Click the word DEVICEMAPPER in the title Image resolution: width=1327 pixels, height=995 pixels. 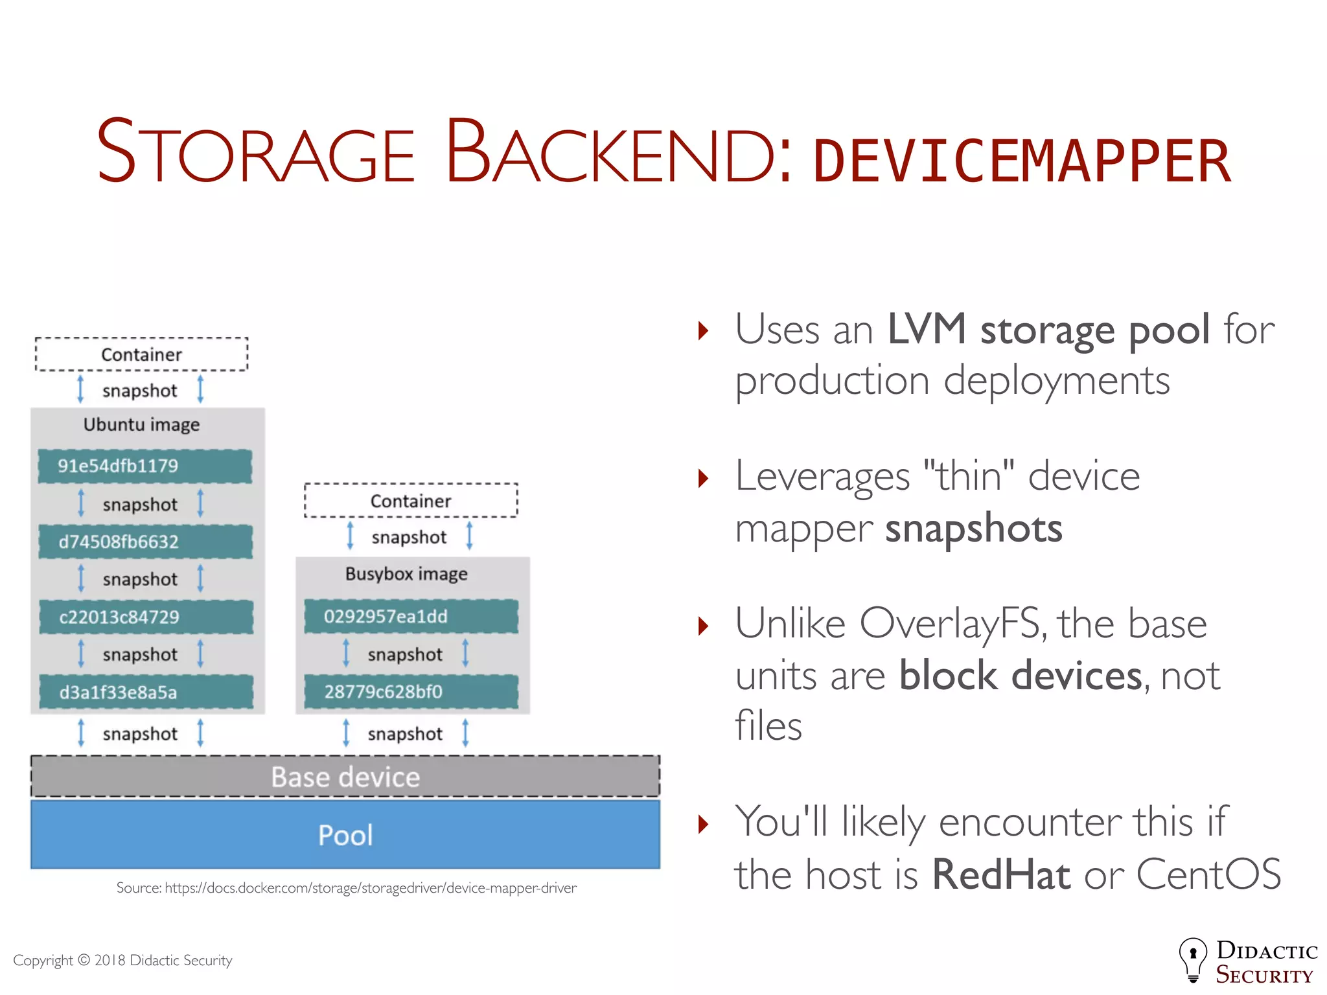[x=1021, y=161]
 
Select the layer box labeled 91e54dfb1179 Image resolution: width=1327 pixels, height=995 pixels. [x=144, y=466]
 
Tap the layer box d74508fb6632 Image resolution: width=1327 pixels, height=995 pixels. [x=144, y=542]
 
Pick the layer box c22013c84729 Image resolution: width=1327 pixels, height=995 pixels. [x=146, y=617]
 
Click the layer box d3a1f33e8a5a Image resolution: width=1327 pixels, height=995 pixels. [x=146, y=692]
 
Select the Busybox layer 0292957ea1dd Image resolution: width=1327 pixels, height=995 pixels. [x=411, y=616]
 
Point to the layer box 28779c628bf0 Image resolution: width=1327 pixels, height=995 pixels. [x=411, y=691]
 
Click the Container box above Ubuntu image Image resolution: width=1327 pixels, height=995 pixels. [x=141, y=354]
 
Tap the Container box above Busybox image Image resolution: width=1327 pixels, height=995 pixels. [x=411, y=501]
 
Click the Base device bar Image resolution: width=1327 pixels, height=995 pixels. [x=345, y=777]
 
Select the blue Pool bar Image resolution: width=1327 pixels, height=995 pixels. [x=345, y=835]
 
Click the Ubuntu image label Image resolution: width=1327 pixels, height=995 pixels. [x=141, y=425]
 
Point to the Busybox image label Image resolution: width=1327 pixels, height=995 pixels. [x=406, y=574]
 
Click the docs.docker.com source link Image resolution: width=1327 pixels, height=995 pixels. [x=370, y=888]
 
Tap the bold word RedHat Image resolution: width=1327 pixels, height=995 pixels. [x=1000, y=875]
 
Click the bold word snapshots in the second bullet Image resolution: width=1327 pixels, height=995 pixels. [x=973, y=528]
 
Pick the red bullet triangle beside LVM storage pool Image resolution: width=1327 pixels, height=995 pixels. [x=703, y=331]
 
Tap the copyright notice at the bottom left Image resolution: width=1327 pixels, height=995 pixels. [x=122, y=960]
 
